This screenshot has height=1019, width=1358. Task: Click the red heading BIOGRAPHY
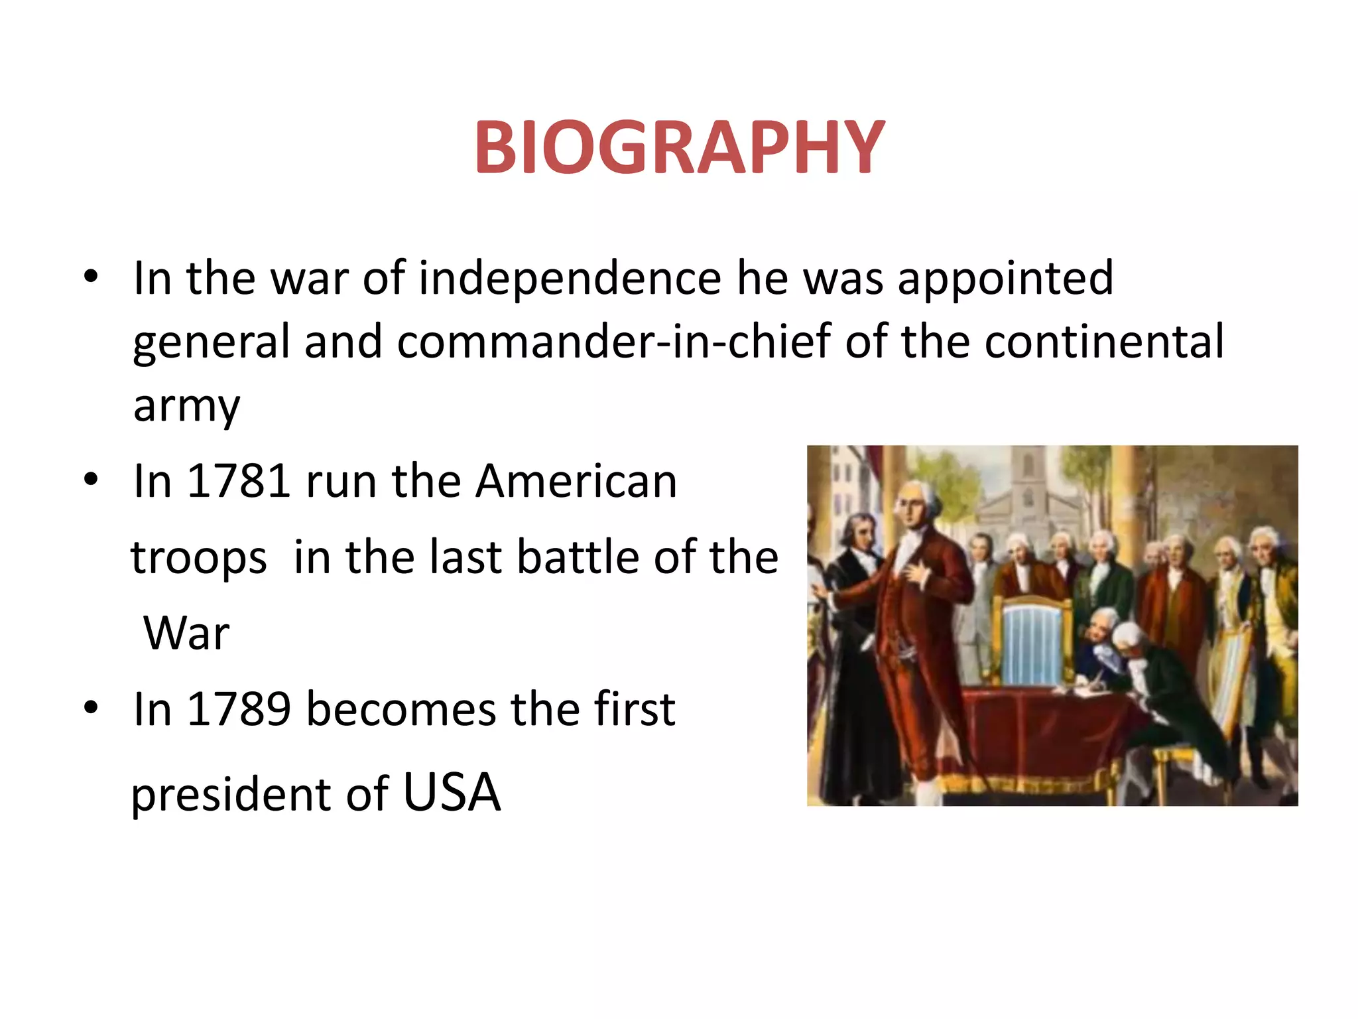[679, 147]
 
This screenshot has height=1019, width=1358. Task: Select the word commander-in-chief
[614, 341]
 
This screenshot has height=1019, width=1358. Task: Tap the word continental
[1104, 341]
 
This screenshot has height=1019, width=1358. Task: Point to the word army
[186, 406]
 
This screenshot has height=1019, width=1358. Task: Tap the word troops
[199, 557]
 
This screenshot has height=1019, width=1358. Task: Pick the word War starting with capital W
[186, 633]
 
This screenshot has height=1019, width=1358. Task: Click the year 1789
[238, 709]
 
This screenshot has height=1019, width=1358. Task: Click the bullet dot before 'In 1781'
[92, 479]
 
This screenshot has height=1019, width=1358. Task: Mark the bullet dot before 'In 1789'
[92, 708]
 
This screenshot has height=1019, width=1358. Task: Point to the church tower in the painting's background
[1026, 478]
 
